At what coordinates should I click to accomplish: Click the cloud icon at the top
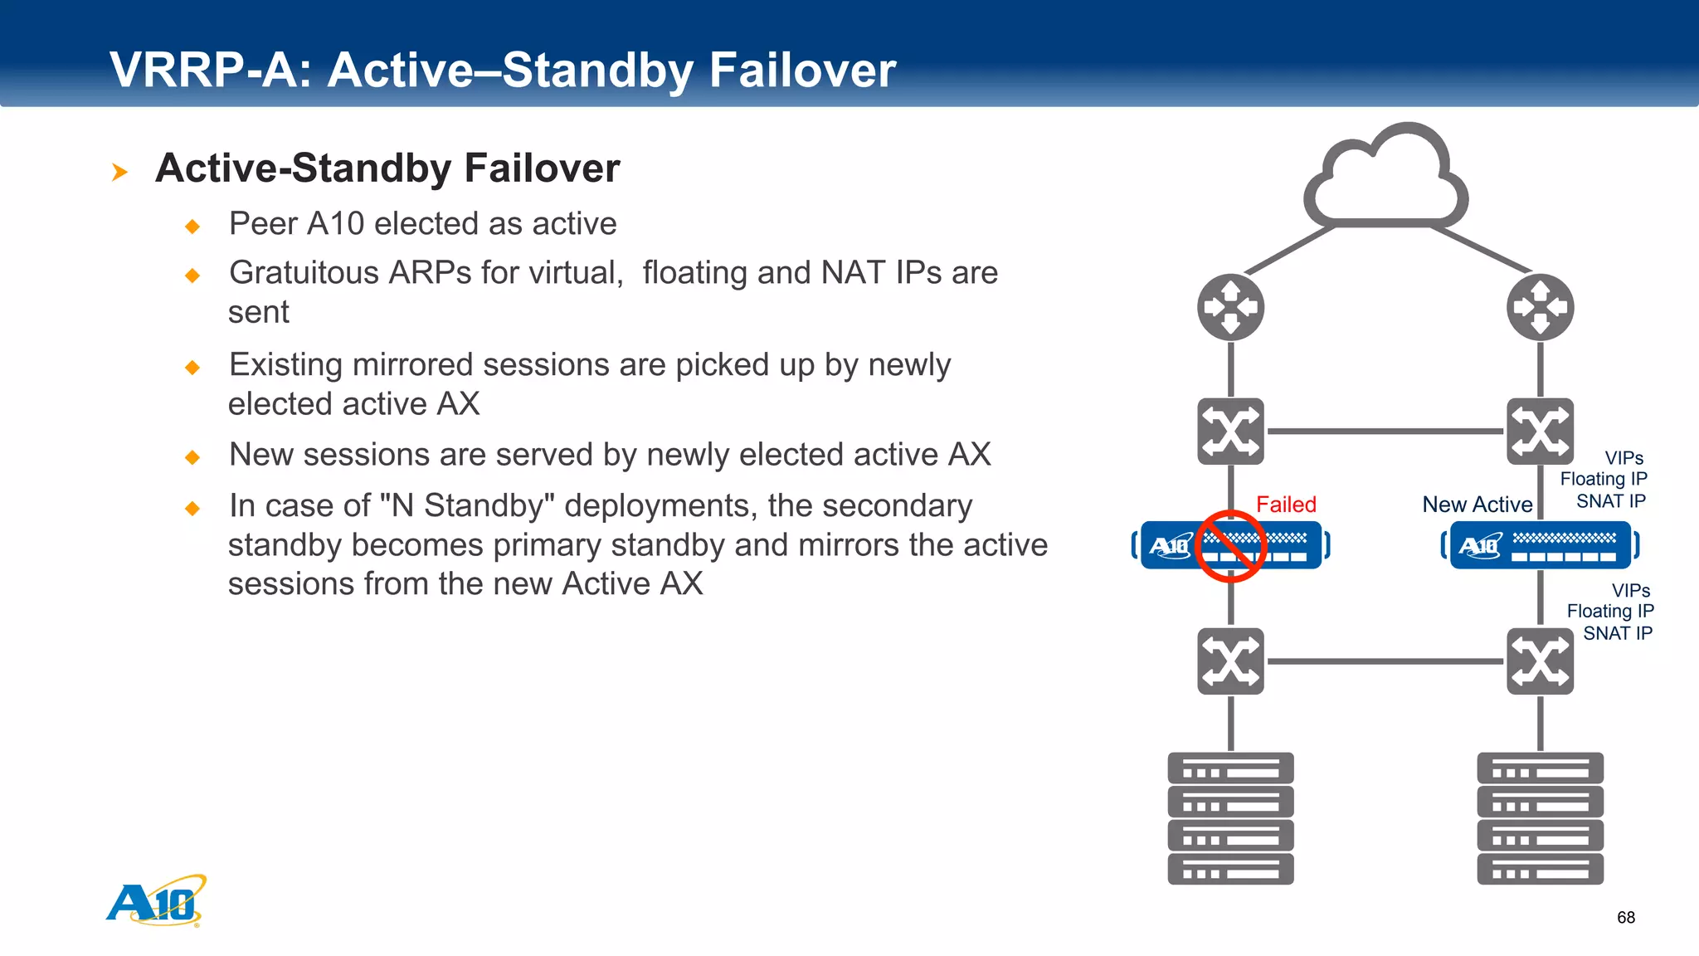(x=1385, y=178)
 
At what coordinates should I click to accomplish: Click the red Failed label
(x=1286, y=505)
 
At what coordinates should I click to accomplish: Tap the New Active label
(x=1477, y=505)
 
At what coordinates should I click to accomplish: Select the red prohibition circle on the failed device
(x=1230, y=546)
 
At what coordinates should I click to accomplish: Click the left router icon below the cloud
(x=1230, y=308)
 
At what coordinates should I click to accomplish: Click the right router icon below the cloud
(x=1540, y=308)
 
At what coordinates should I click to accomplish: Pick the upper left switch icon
(x=1230, y=432)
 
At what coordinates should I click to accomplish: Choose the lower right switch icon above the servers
(x=1540, y=661)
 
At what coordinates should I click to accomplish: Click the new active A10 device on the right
(x=1540, y=545)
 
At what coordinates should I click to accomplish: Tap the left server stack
(x=1230, y=818)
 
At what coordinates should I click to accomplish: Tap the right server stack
(x=1540, y=818)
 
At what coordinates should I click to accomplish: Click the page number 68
(x=1625, y=918)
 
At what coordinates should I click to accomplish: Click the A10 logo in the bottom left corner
(x=156, y=901)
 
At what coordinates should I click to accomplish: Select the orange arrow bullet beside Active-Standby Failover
(x=119, y=172)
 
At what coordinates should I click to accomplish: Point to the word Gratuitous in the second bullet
(x=308, y=273)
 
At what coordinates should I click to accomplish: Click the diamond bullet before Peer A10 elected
(x=192, y=226)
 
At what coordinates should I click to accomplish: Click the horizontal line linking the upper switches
(x=1385, y=432)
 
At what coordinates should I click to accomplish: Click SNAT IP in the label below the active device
(x=1617, y=633)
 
